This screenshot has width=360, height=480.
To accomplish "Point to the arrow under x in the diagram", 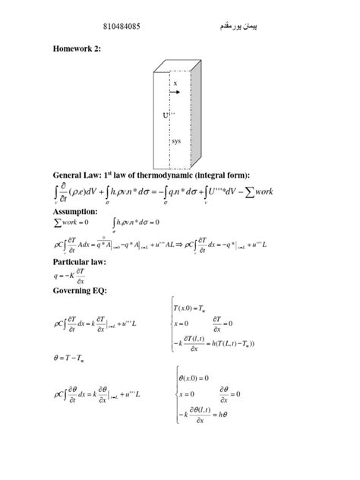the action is point(175,94).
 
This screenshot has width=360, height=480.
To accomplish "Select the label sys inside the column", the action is point(175,141).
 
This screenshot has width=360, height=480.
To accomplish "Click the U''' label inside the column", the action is point(167,115).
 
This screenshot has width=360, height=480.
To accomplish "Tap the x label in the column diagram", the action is point(175,83).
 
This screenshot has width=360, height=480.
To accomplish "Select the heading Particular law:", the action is point(84,262).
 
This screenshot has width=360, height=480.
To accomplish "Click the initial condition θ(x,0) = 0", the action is point(194,377).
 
